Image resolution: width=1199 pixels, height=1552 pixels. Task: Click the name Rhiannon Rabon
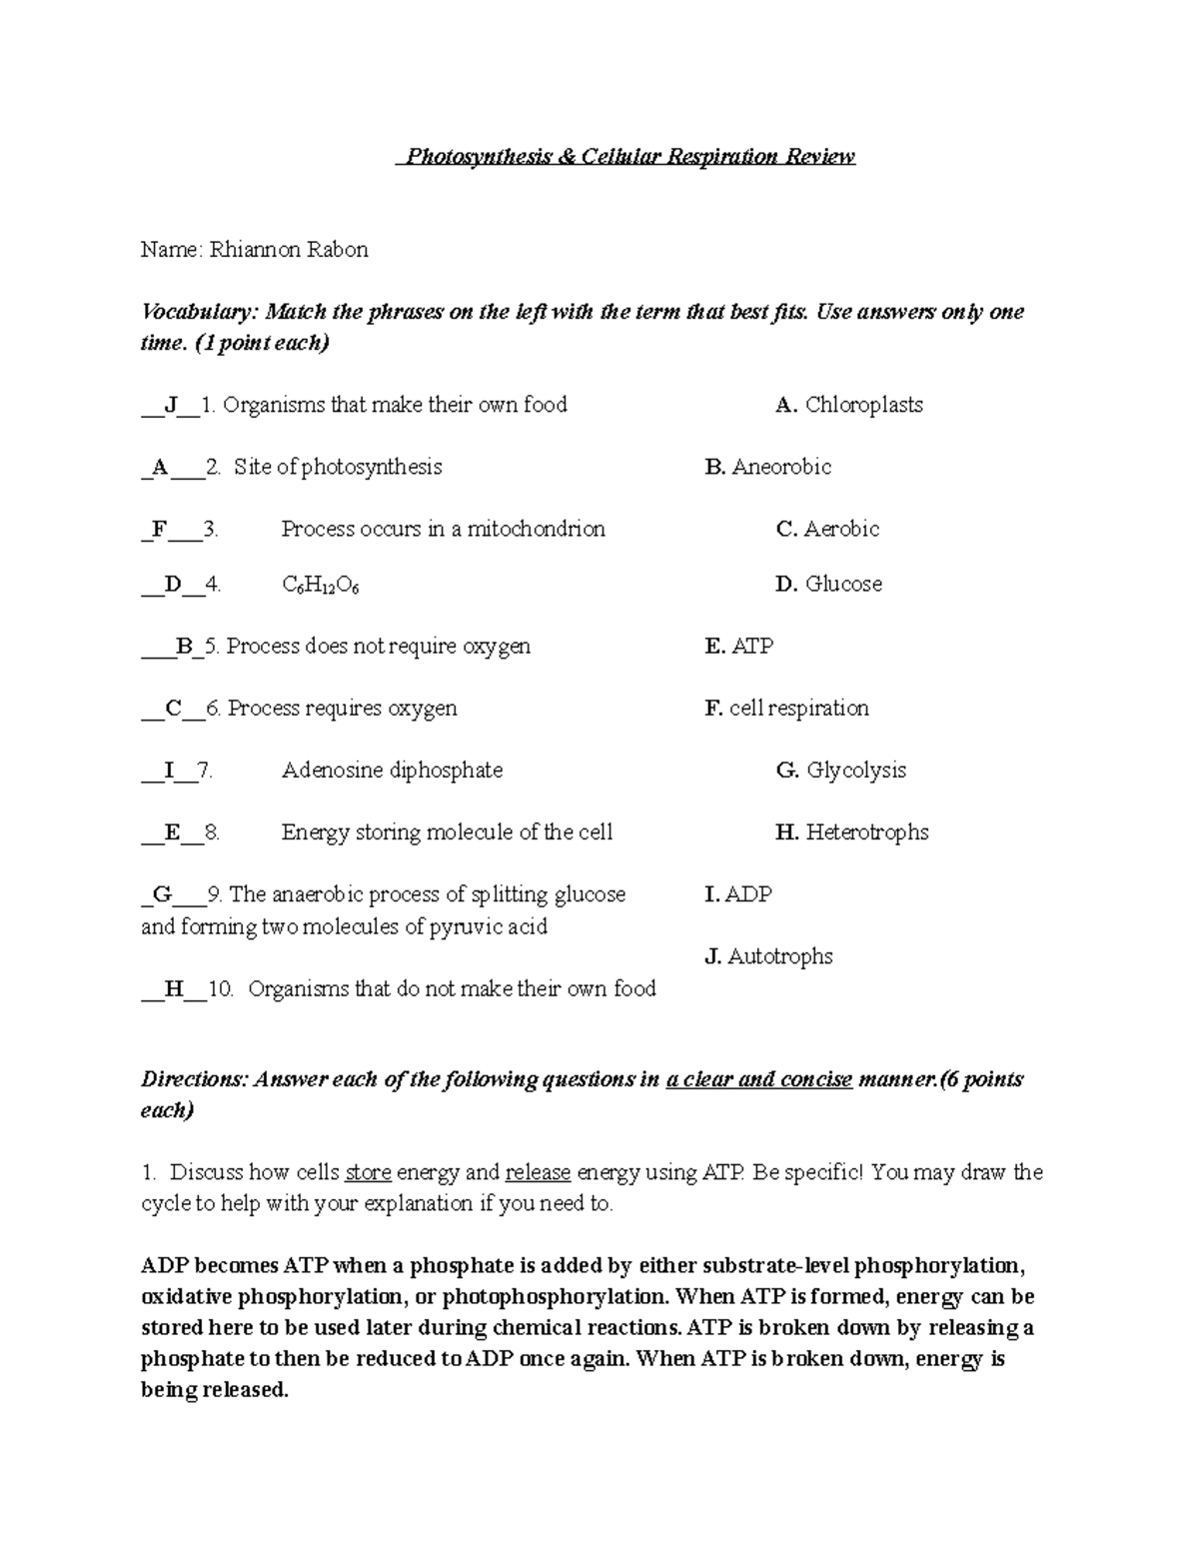tap(288, 250)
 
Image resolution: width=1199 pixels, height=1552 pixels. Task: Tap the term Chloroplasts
tap(863, 406)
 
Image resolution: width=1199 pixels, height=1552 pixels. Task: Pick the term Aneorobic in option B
tap(781, 468)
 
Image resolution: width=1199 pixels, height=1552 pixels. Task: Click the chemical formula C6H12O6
tap(321, 586)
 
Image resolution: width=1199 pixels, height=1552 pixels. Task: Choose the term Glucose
tap(843, 585)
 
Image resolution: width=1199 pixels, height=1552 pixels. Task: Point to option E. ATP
tap(739, 647)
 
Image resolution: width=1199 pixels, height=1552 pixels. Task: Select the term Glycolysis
tap(856, 771)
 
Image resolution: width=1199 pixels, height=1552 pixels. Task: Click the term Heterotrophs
tap(867, 832)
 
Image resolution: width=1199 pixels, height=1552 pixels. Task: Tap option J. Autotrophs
tap(768, 957)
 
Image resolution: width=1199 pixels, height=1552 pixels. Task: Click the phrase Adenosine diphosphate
tap(392, 771)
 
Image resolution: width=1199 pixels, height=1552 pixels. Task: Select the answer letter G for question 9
tap(162, 894)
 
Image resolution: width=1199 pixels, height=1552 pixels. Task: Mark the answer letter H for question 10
tap(174, 989)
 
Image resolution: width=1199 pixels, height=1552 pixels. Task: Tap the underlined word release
tap(538, 1173)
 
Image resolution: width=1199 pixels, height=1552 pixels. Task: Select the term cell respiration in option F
tap(798, 709)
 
